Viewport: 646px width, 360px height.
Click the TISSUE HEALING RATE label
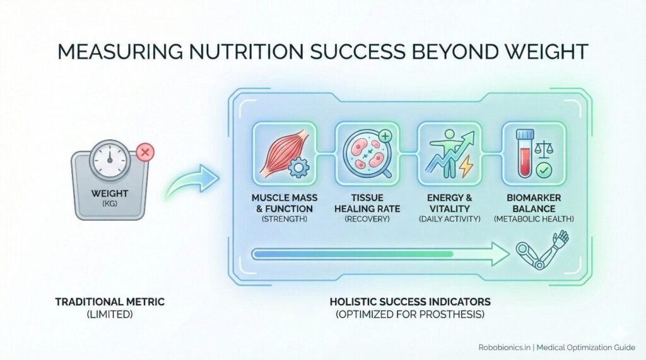[366, 203]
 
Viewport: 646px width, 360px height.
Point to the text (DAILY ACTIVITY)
[449, 219]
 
